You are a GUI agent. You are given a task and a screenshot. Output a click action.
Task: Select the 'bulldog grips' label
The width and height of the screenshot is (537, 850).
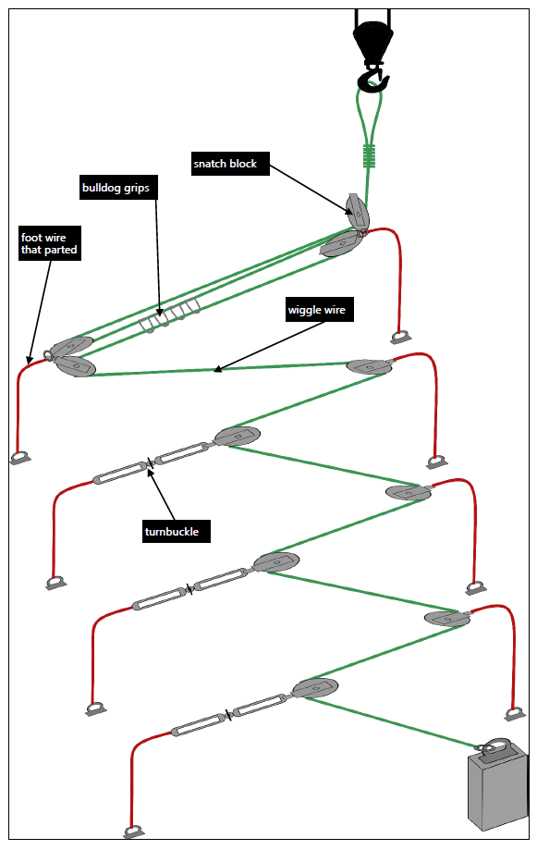tap(116, 188)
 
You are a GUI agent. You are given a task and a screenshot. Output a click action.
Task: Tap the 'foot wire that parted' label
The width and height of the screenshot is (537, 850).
tap(49, 243)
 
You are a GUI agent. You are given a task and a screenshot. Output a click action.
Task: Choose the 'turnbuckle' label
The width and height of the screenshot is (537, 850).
tap(176, 531)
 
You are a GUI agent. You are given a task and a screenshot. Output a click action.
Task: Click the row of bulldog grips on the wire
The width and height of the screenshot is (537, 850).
tap(170, 317)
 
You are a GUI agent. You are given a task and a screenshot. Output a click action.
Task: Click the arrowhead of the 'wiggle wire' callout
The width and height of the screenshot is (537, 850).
tap(216, 371)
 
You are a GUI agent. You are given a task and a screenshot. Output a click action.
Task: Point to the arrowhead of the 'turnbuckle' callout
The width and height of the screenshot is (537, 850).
tap(151, 467)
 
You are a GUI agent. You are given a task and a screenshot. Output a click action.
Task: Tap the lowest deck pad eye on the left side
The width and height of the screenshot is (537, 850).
tap(134, 832)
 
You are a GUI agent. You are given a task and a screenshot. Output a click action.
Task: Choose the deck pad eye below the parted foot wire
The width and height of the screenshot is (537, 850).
tap(20, 456)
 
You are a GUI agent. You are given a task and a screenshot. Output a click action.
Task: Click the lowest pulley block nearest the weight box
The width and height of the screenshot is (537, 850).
tap(315, 688)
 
